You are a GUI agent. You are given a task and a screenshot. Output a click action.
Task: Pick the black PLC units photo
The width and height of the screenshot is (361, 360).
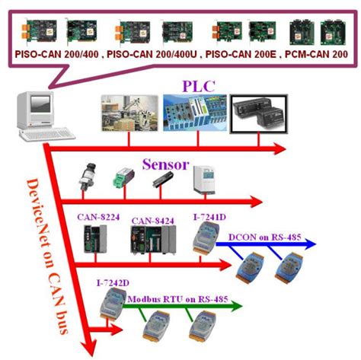[257, 111]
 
